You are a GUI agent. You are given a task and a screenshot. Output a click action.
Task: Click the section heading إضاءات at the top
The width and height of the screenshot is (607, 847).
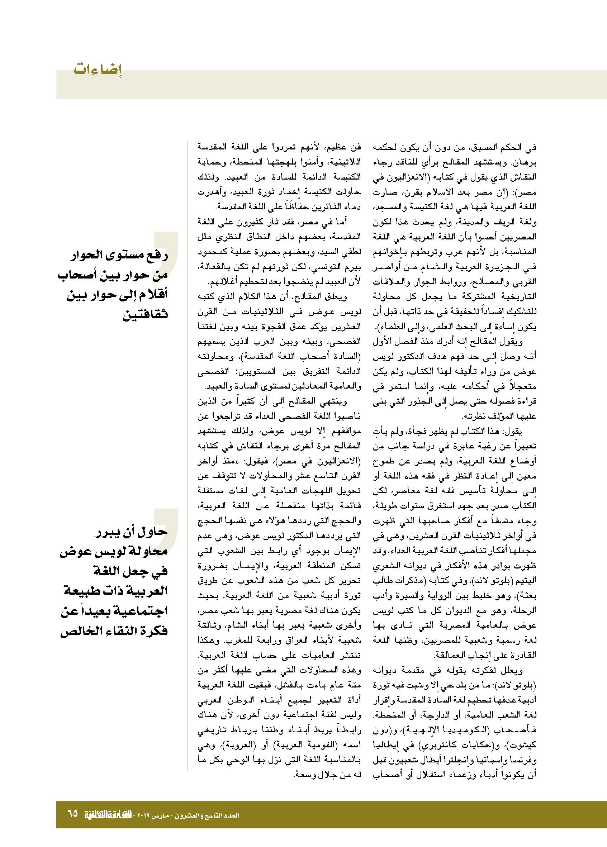(x=98, y=70)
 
